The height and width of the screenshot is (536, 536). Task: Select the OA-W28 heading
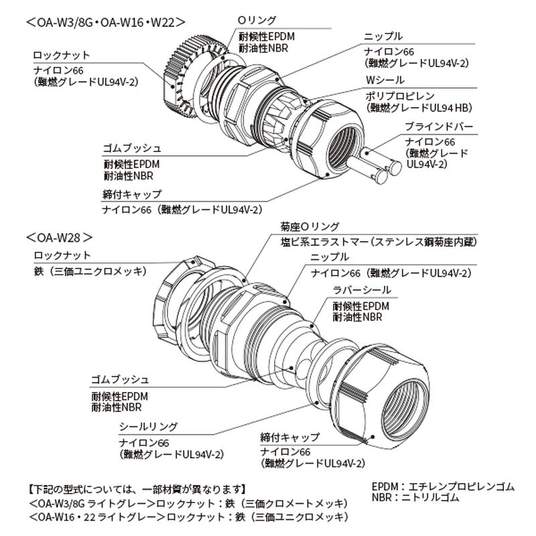60,237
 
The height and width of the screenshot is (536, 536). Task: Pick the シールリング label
148,427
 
